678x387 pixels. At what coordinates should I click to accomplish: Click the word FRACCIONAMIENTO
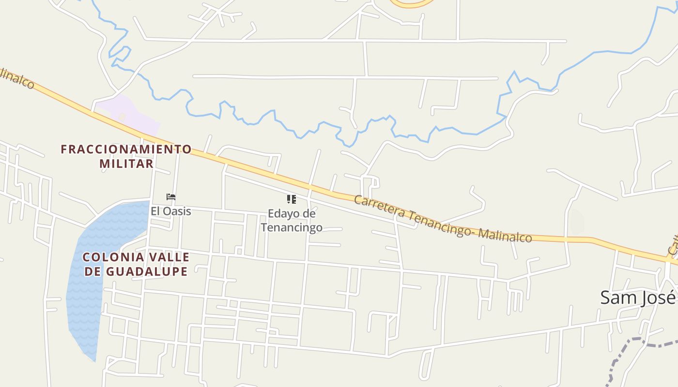126,149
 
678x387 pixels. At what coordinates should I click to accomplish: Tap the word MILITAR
126,164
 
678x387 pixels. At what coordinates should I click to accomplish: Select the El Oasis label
170,211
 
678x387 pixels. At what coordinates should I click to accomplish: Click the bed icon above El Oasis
170,197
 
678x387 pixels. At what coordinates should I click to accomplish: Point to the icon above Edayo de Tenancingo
291,199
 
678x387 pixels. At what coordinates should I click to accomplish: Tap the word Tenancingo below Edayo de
292,227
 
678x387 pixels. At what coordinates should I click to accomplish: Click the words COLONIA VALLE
136,257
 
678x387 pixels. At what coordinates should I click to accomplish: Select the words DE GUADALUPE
136,271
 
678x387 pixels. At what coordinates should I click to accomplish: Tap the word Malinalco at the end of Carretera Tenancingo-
505,236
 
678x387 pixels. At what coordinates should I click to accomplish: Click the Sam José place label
637,297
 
